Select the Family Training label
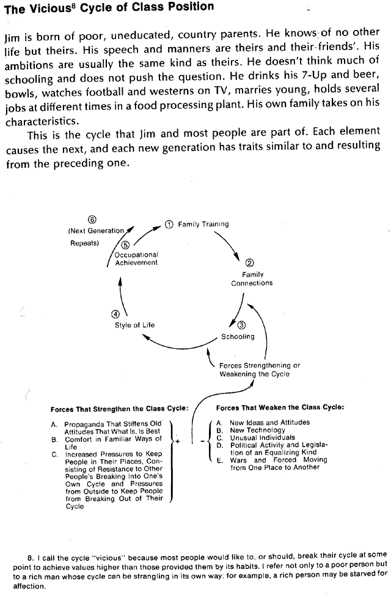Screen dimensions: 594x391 [203, 224]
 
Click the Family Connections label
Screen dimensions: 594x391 [252, 279]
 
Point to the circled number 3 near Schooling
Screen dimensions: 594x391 [241, 326]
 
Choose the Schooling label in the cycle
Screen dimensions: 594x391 [238, 337]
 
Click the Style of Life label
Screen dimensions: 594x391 [134, 325]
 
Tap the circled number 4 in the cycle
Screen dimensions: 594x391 [115, 314]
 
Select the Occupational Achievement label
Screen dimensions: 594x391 [136, 258]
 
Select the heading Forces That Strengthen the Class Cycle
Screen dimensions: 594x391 [119, 408]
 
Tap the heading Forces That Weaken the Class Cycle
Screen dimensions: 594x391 [280, 407]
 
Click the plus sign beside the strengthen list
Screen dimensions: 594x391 [177, 441]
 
